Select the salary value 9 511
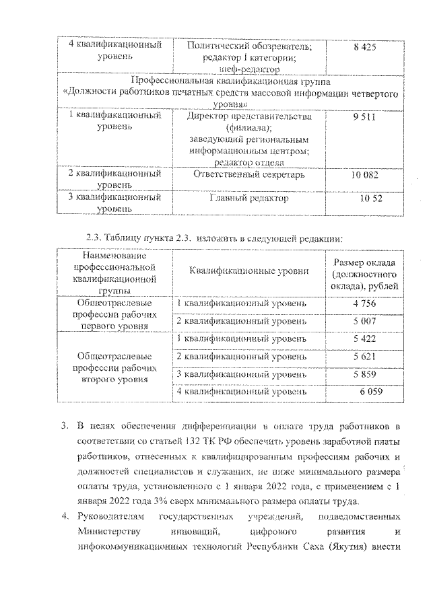point(365,117)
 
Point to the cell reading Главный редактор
point(249,199)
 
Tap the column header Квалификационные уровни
point(249,271)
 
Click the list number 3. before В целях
point(65,427)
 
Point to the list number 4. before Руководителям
point(65,520)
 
